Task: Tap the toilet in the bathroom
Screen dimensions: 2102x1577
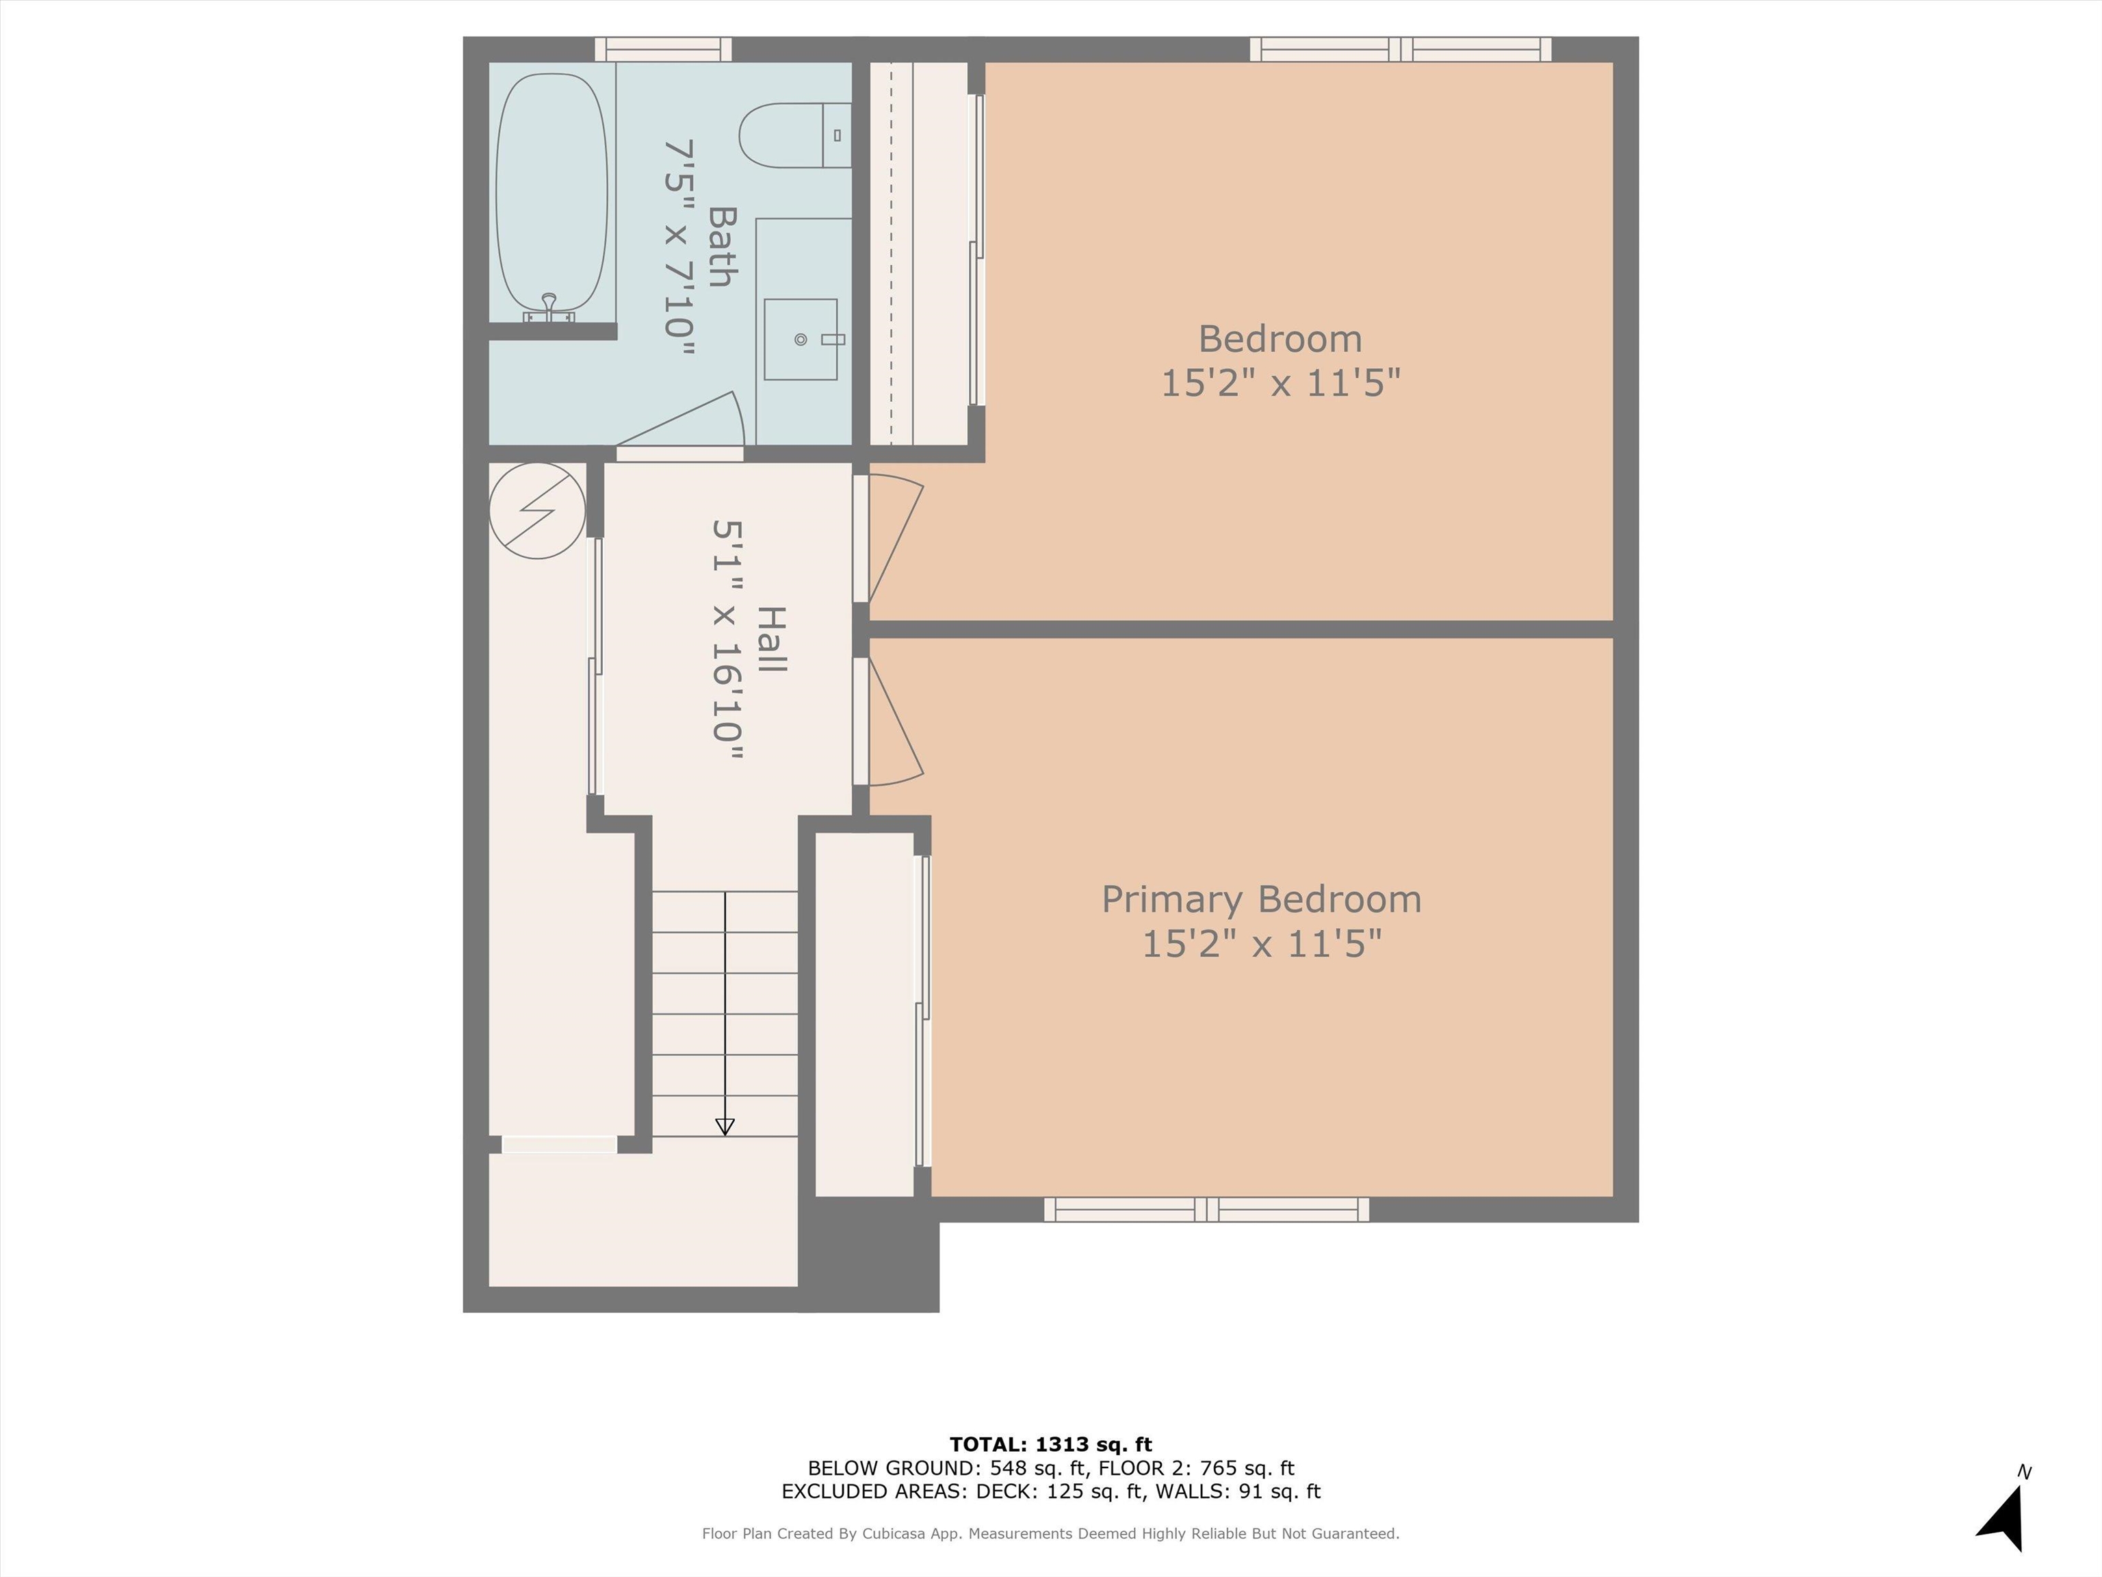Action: (x=794, y=135)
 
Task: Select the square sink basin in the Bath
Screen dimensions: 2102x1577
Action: (x=800, y=339)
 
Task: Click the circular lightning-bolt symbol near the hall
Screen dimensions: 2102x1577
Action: (x=537, y=511)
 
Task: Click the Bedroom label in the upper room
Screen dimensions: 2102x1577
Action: (x=1280, y=338)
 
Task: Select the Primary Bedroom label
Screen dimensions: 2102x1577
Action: (x=1261, y=899)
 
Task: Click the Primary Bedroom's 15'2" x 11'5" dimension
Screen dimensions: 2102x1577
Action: (x=1261, y=944)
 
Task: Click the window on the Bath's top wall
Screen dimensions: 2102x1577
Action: (x=663, y=49)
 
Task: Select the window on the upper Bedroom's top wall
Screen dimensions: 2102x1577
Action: (x=1401, y=49)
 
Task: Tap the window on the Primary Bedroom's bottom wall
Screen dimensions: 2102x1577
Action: (x=1207, y=1209)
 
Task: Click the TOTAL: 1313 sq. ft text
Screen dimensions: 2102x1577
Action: (x=1051, y=1445)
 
